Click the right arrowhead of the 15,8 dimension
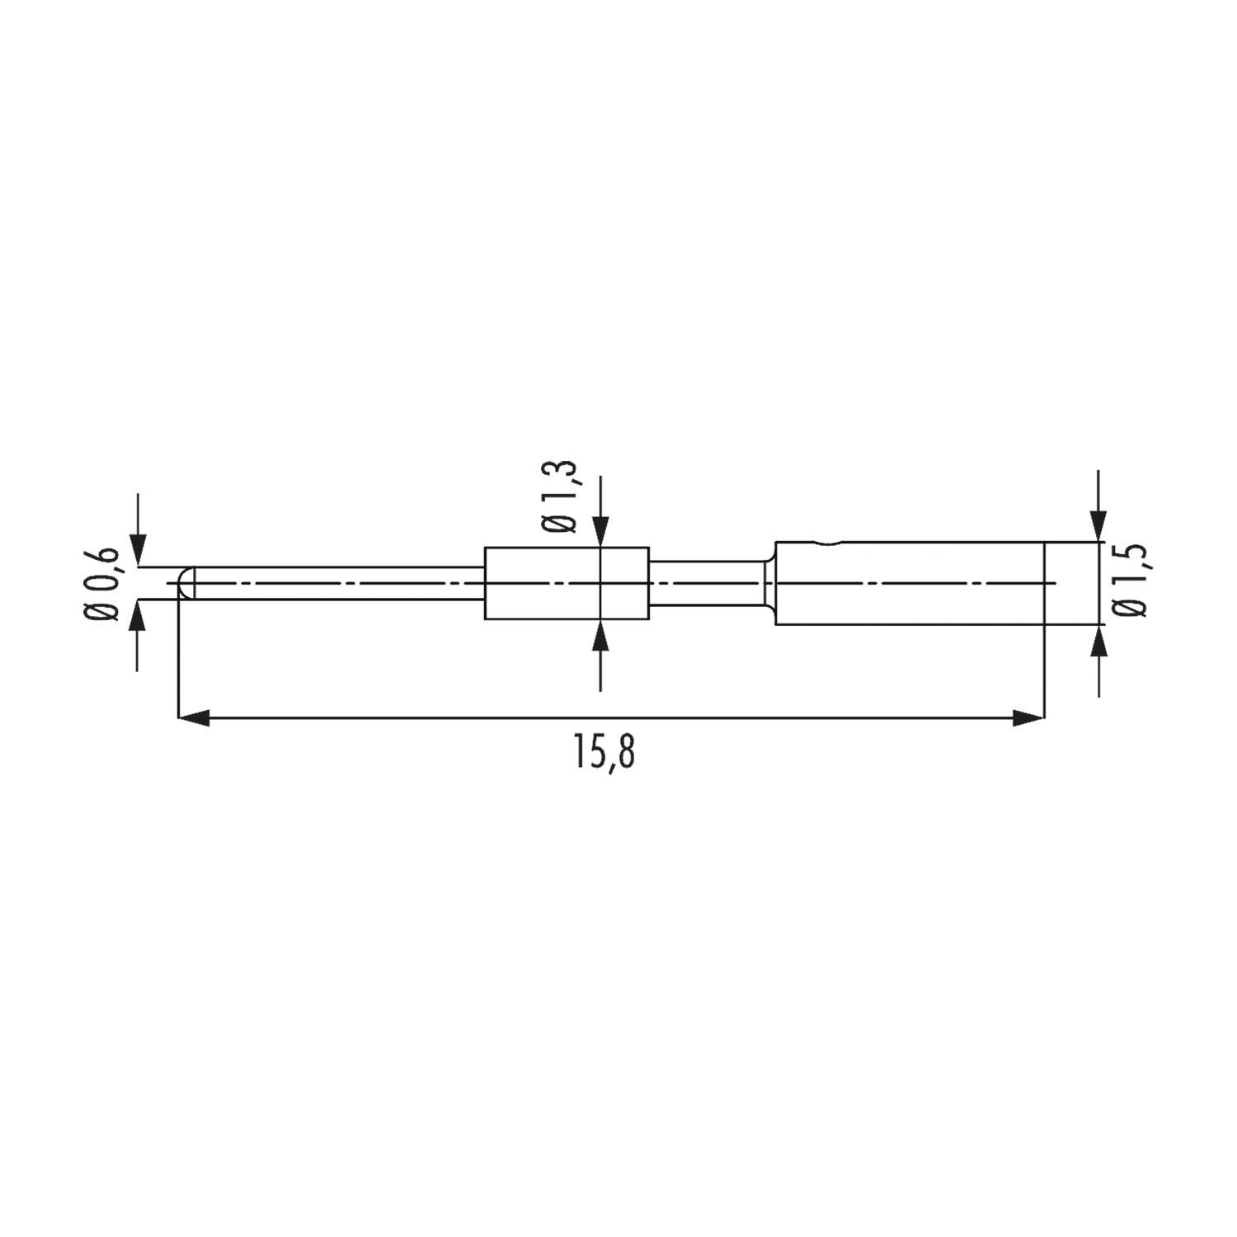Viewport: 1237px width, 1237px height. pyautogui.click(x=1028, y=719)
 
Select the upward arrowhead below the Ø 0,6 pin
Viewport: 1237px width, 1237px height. pyautogui.click(x=139, y=615)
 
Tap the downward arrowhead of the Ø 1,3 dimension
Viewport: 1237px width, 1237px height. pyautogui.click(x=601, y=531)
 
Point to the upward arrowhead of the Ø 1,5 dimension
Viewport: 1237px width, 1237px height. pyautogui.click(x=1098, y=642)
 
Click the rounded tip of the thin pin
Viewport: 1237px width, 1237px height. pyautogui.click(x=186, y=583)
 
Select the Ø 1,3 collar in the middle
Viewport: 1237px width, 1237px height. pyautogui.click(x=567, y=583)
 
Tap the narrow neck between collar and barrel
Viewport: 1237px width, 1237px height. pyautogui.click(x=705, y=583)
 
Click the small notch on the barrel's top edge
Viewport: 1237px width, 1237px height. pyautogui.click(x=827, y=543)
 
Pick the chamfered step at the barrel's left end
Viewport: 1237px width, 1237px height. pyautogui.click(x=769, y=583)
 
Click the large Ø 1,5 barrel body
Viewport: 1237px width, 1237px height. pyautogui.click(x=907, y=583)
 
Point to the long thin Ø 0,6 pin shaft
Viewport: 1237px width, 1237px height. pyautogui.click(x=338, y=583)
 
